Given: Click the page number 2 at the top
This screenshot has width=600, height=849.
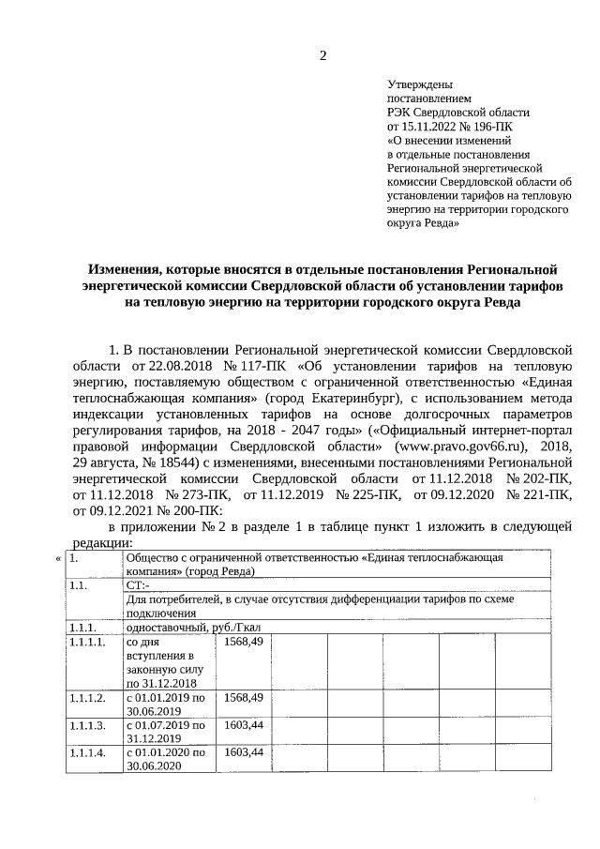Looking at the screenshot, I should pyautogui.click(x=323, y=55).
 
